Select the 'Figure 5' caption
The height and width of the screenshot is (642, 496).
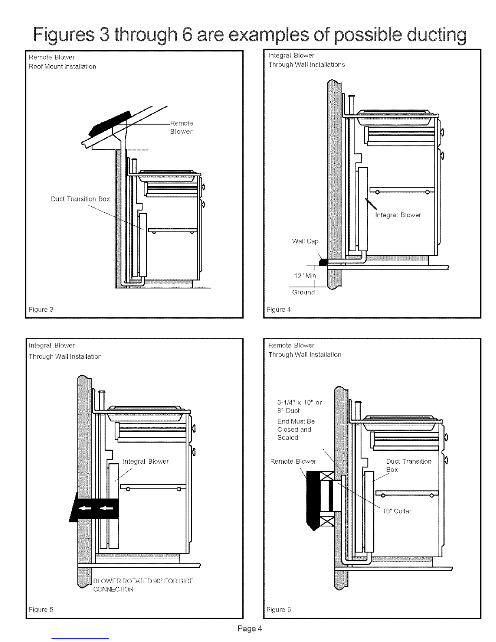(41, 610)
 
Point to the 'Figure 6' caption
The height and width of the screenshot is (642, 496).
(279, 610)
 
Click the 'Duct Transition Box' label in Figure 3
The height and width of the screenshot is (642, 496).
(80, 199)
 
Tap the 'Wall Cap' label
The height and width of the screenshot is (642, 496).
(305, 242)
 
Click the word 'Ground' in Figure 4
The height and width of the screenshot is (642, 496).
(304, 292)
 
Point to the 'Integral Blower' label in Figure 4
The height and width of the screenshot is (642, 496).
(398, 215)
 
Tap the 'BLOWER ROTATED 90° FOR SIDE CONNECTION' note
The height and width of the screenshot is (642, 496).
(143, 585)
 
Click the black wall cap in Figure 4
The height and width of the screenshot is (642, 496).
(323, 263)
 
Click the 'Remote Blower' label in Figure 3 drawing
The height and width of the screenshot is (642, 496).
(181, 127)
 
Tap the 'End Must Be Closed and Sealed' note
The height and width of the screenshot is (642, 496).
(295, 429)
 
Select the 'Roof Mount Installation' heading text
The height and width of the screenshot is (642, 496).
(62, 66)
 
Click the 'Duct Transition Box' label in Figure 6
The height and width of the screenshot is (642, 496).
(408, 465)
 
